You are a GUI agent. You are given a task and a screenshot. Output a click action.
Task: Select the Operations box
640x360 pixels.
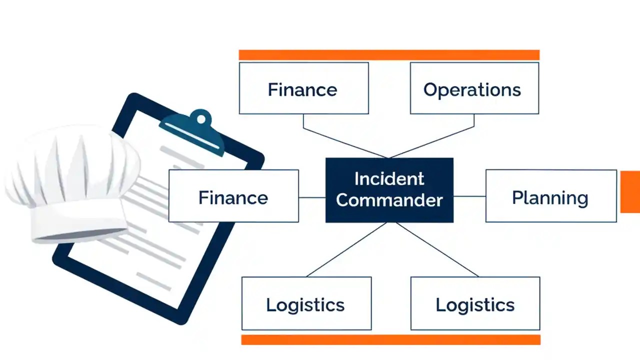tap(474, 88)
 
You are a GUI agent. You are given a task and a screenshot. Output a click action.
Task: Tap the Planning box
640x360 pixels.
tap(550, 196)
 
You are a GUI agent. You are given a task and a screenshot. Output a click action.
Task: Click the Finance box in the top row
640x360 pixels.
tap(303, 88)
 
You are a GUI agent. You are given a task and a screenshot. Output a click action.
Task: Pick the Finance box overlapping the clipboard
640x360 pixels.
tap(233, 196)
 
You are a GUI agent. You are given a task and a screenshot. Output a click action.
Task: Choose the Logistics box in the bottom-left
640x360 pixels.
tap(306, 303)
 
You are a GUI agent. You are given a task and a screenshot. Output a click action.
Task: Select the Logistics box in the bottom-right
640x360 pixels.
tap(475, 303)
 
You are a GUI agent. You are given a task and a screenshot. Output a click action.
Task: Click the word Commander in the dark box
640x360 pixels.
tap(389, 200)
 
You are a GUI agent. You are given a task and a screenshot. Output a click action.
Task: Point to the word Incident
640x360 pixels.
tap(389, 178)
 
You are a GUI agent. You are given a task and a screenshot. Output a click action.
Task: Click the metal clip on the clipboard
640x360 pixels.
tap(192, 131)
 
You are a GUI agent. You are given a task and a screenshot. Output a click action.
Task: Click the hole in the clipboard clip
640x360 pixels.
tap(201, 119)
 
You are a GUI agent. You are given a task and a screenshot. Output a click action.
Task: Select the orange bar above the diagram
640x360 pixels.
tap(389, 55)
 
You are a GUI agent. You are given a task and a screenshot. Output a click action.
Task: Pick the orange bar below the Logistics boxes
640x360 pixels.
tap(390, 340)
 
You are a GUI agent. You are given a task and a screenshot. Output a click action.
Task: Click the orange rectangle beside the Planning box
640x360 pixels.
tap(630, 191)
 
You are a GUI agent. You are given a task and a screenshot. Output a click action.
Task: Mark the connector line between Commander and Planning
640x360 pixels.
tap(469, 196)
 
